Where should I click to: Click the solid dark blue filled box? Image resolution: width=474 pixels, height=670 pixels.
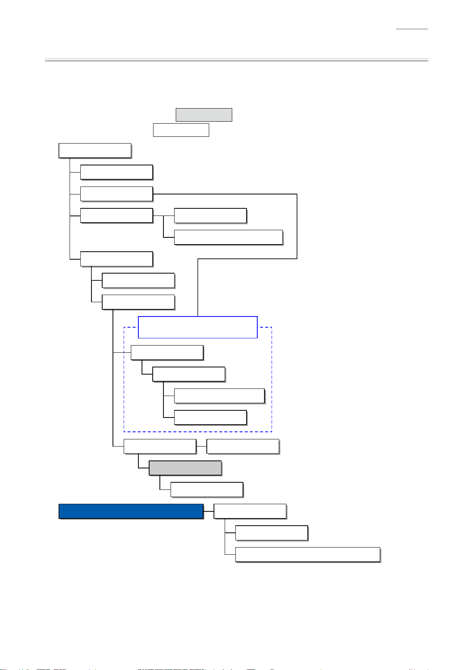(x=131, y=511)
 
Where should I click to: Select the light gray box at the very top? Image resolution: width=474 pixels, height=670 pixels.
(x=204, y=115)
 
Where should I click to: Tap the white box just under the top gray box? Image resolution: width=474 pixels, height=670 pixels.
(x=181, y=130)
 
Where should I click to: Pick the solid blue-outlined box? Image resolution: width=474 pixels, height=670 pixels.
(x=198, y=327)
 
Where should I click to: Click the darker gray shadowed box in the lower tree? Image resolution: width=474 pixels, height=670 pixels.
(x=185, y=468)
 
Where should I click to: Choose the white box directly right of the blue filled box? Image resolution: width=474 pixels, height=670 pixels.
(x=250, y=511)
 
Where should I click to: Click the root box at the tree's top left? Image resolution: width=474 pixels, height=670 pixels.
(x=95, y=151)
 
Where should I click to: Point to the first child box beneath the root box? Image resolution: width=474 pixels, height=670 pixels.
(x=117, y=172)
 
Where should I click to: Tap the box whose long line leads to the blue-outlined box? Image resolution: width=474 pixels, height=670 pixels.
(x=117, y=194)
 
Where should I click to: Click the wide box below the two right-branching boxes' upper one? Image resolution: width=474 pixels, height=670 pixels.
(x=228, y=237)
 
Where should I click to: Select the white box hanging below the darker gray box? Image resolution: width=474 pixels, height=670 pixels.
(x=206, y=489)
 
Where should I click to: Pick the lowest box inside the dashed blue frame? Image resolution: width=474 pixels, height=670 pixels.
(x=210, y=418)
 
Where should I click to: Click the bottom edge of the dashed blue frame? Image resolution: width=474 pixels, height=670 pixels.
(x=198, y=431)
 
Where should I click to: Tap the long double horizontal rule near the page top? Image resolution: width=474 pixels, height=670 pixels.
(x=236, y=60)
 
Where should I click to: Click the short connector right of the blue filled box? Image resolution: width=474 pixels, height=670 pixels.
(x=208, y=511)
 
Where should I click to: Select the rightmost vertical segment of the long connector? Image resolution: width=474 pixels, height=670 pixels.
(x=297, y=226)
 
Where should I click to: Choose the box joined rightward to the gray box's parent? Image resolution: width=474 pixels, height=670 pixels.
(x=243, y=447)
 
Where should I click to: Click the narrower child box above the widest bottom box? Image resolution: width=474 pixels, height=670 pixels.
(x=272, y=533)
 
